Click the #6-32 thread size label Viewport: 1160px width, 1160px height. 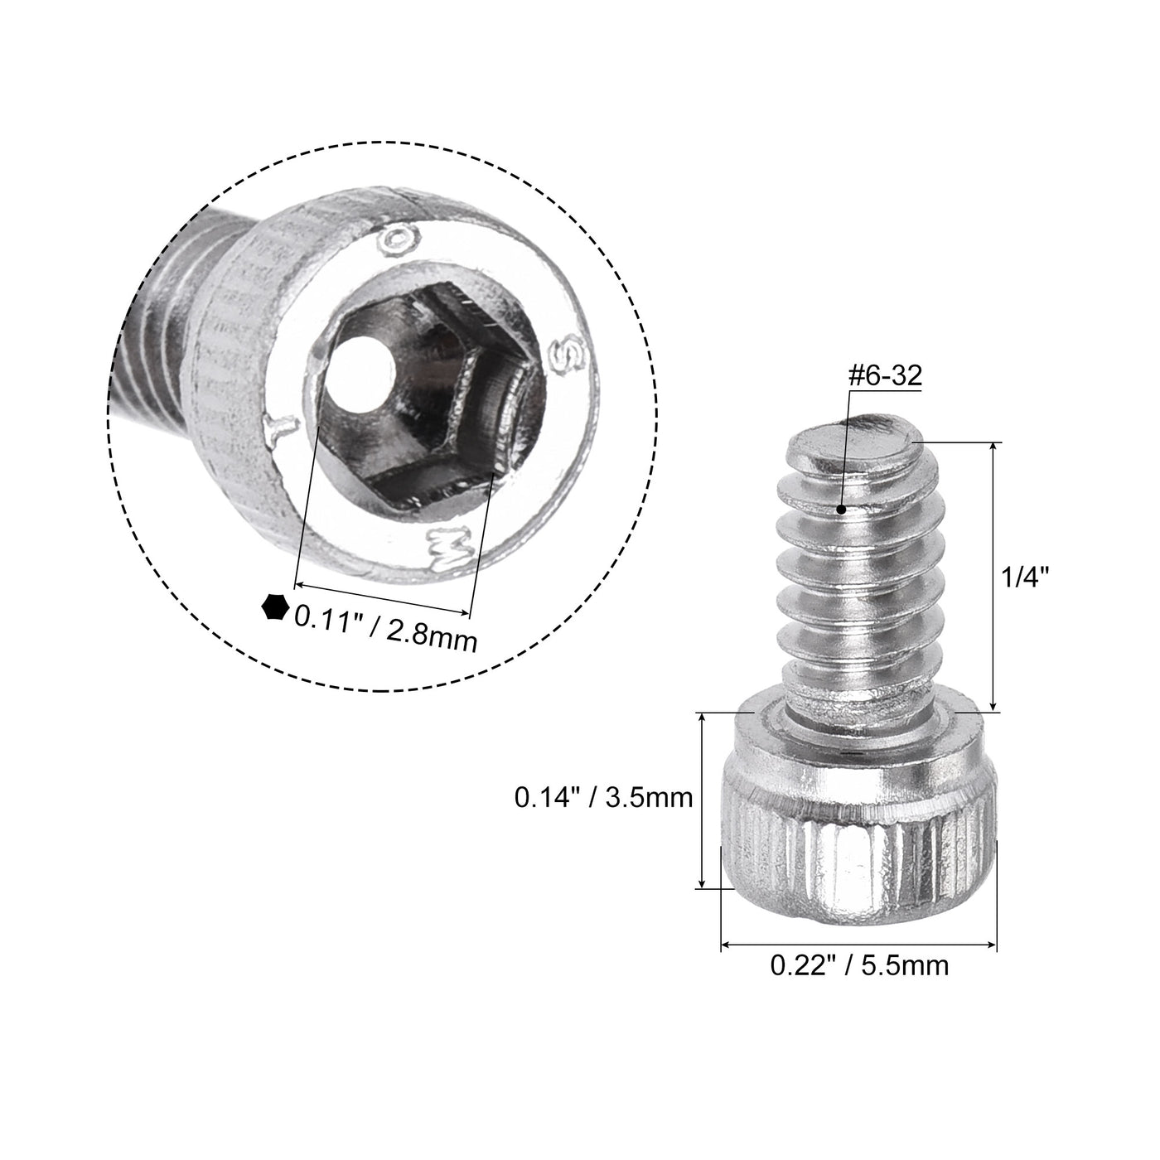pyautogui.click(x=884, y=375)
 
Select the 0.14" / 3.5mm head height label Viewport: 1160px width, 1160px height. pyautogui.click(x=603, y=798)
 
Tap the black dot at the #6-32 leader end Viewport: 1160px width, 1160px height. pyautogui.click(x=841, y=510)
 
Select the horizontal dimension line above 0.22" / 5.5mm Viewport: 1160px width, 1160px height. pyautogui.click(x=858, y=944)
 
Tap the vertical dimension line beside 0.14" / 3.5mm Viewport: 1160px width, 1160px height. pyautogui.click(x=703, y=800)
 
